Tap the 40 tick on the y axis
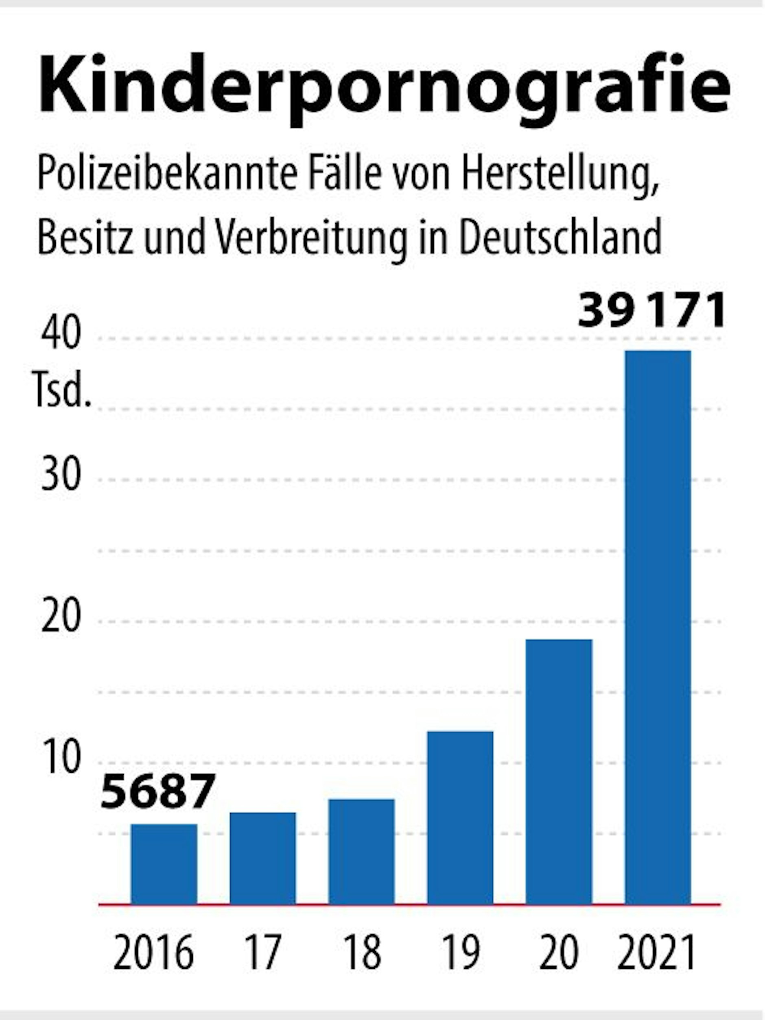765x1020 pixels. [x=61, y=334]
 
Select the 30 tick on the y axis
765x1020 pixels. [x=61, y=475]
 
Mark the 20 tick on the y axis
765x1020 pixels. [x=61, y=617]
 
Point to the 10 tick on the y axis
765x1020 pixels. [x=61, y=758]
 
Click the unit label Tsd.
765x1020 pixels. [x=62, y=391]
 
